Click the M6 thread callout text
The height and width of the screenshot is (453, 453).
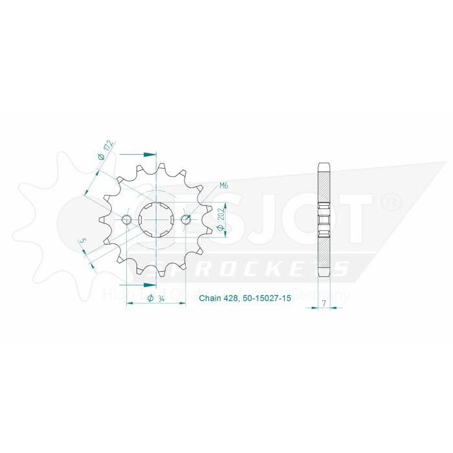(x=224, y=186)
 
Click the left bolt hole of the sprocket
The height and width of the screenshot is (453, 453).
(x=126, y=219)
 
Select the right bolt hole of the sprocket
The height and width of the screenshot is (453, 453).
(x=186, y=219)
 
